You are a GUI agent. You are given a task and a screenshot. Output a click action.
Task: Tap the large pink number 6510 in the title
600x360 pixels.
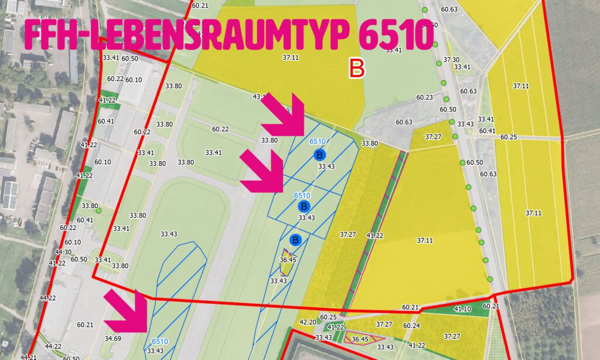pos(394,36)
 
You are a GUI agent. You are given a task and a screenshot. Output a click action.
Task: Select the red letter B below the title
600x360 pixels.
pos(356,68)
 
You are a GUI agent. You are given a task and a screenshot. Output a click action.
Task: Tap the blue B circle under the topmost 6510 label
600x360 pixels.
pos(319,155)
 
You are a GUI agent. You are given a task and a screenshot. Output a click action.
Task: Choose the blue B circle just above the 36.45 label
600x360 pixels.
pos(295,240)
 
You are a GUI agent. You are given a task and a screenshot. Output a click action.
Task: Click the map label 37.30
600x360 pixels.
pos(451,60)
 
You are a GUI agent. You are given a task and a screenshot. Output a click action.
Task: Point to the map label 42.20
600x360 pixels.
pos(308,322)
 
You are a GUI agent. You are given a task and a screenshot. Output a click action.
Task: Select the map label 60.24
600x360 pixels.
pos(411,325)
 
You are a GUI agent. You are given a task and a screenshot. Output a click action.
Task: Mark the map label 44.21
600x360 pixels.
pos(29,356)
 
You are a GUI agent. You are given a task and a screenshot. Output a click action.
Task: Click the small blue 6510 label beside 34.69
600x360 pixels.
pos(159,341)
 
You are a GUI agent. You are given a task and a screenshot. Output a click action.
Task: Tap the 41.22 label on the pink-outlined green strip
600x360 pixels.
pos(374,236)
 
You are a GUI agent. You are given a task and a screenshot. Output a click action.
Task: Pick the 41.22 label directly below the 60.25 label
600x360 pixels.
pos(336,327)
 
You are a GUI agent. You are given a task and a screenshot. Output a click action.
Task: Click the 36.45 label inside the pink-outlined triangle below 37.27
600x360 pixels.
pos(359,339)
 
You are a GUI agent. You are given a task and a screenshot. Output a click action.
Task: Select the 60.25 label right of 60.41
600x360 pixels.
pos(509,137)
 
